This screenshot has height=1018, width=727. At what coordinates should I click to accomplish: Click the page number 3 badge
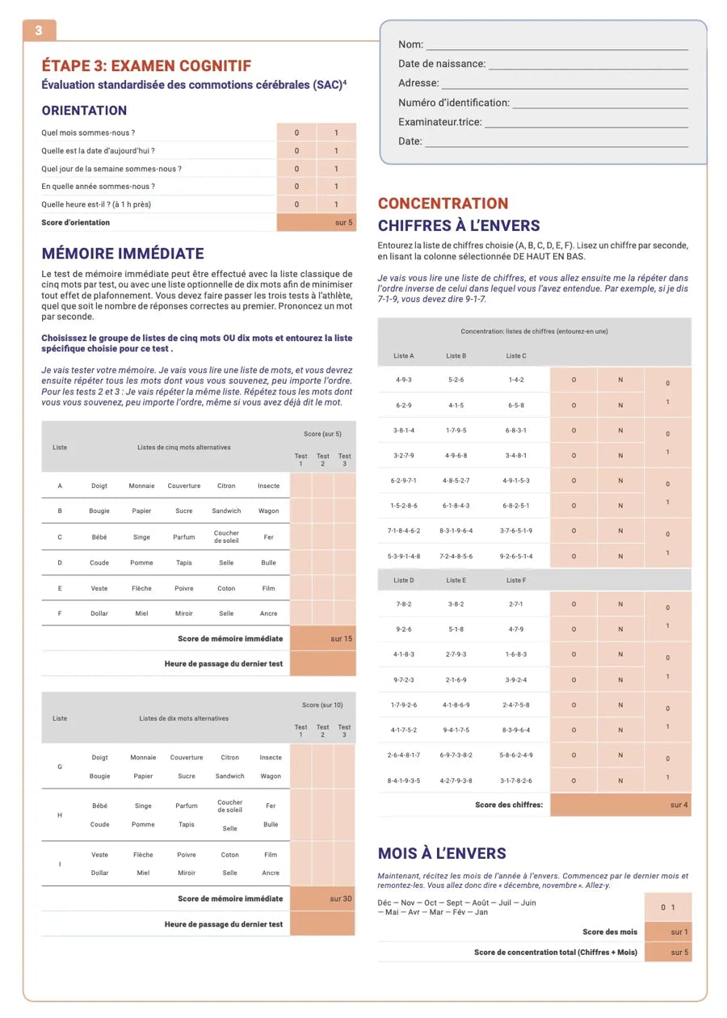tap(39, 31)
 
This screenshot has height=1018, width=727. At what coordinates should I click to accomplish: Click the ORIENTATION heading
tap(84, 111)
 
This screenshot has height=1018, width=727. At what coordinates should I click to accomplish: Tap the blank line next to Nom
tap(557, 45)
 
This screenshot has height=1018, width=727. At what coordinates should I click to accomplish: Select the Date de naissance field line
tap(587, 65)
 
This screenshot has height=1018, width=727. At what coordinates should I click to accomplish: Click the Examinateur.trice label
tap(439, 122)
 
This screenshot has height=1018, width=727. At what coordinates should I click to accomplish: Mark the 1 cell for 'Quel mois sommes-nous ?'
tap(336, 133)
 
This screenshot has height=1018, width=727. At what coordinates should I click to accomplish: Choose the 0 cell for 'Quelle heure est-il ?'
tap(296, 204)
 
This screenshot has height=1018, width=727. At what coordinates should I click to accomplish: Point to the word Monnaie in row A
tap(142, 486)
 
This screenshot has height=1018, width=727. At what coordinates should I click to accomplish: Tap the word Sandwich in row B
tap(226, 511)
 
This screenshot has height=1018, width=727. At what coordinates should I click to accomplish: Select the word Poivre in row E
tap(184, 588)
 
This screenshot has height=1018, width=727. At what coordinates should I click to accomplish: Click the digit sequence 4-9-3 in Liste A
tap(404, 380)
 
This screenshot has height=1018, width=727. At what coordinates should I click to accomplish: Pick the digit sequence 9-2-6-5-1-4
tap(515, 556)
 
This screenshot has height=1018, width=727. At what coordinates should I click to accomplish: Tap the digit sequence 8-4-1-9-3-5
tap(404, 780)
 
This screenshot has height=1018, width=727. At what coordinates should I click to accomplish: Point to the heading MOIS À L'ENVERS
tap(442, 853)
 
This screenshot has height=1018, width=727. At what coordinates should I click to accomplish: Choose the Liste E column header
tap(456, 580)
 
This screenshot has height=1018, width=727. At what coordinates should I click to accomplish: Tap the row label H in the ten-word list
tap(60, 815)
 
